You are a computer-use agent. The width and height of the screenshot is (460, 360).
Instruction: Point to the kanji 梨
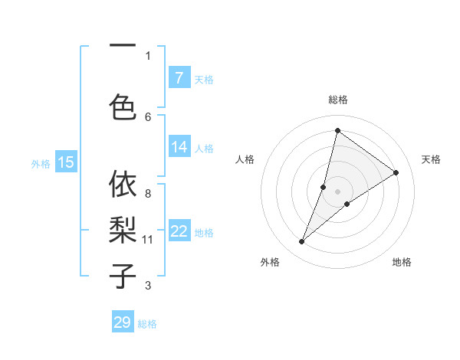(x=123, y=228)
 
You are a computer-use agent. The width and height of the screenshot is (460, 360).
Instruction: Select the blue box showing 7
(x=179, y=78)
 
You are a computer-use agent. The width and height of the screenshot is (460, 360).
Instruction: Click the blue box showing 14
(x=179, y=147)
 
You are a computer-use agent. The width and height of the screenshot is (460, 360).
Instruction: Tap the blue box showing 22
(x=179, y=231)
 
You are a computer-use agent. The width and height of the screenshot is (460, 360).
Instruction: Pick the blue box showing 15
(x=66, y=162)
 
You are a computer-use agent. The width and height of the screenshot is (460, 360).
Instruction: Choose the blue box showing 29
(x=123, y=322)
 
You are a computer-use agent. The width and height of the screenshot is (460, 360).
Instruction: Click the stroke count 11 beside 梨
(x=148, y=240)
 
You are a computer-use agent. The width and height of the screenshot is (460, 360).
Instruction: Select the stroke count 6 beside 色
(x=148, y=116)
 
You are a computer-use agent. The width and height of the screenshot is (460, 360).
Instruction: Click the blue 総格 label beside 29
(x=148, y=324)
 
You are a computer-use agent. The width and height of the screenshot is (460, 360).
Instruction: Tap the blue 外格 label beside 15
(x=40, y=163)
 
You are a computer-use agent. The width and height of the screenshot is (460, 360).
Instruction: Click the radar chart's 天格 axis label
(x=431, y=159)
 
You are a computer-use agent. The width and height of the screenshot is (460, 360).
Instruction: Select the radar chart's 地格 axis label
(x=402, y=262)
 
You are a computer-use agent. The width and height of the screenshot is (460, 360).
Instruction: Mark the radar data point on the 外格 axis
(x=302, y=242)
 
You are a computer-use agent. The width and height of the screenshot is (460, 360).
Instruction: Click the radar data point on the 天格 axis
(x=396, y=173)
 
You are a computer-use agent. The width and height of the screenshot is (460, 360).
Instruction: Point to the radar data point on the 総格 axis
(x=337, y=130)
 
